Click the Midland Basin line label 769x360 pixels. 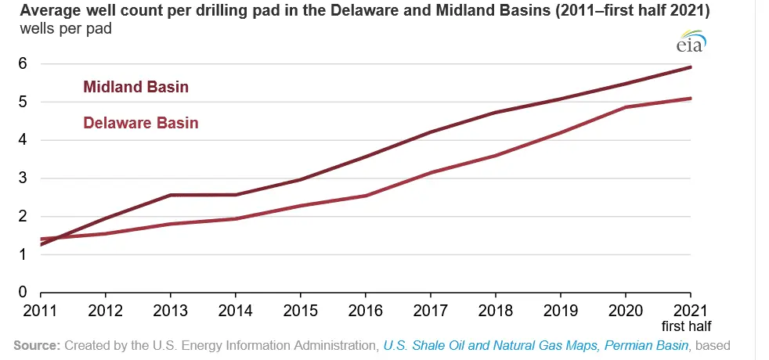click(135, 87)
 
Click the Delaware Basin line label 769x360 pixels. click(140, 123)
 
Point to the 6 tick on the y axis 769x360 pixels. click(23, 63)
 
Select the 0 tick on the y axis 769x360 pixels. click(23, 293)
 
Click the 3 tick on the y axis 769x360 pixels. click(23, 178)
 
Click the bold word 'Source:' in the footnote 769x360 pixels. click(38, 345)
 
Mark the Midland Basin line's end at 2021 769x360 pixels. click(691, 67)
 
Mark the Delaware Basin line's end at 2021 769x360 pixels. click(691, 99)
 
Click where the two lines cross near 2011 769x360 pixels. click(53, 237)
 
